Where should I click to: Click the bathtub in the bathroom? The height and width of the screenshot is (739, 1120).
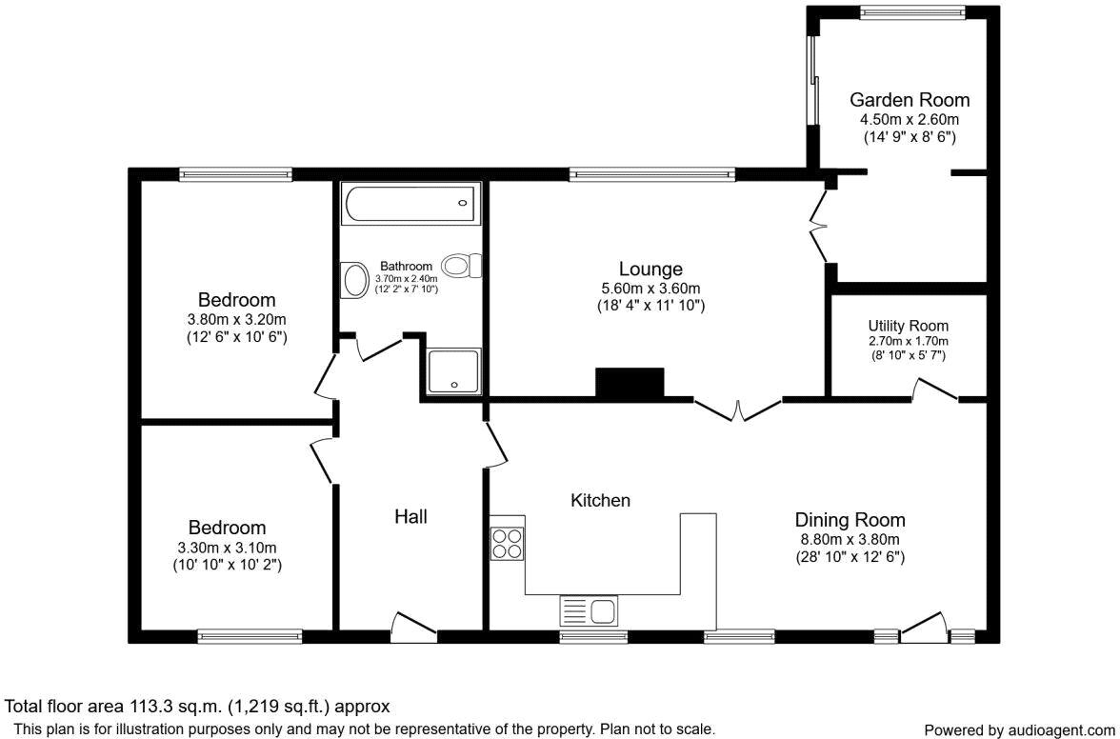click(410, 203)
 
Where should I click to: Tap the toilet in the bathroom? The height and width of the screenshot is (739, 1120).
click(462, 266)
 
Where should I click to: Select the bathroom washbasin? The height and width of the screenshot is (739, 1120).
click(352, 281)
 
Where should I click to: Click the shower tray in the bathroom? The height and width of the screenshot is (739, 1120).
click(454, 370)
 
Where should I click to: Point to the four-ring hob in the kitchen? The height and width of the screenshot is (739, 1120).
click(507, 543)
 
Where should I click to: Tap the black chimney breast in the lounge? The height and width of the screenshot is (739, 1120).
click(630, 383)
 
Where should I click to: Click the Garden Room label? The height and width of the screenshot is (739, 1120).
click(910, 99)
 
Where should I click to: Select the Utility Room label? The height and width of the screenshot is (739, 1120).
click(908, 326)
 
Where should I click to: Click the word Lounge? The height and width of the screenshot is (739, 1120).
click(650, 270)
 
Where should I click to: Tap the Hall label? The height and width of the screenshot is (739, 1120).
click(410, 516)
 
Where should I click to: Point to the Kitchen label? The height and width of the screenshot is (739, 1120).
click(600, 501)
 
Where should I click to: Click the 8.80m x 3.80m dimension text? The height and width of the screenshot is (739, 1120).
click(850, 540)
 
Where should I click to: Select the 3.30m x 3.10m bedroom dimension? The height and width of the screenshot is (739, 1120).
click(227, 548)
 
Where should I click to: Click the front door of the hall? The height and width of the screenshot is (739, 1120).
click(413, 623)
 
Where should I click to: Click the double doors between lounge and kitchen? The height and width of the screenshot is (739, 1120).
click(738, 409)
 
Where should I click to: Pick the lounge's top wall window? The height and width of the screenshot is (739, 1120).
click(652, 172)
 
